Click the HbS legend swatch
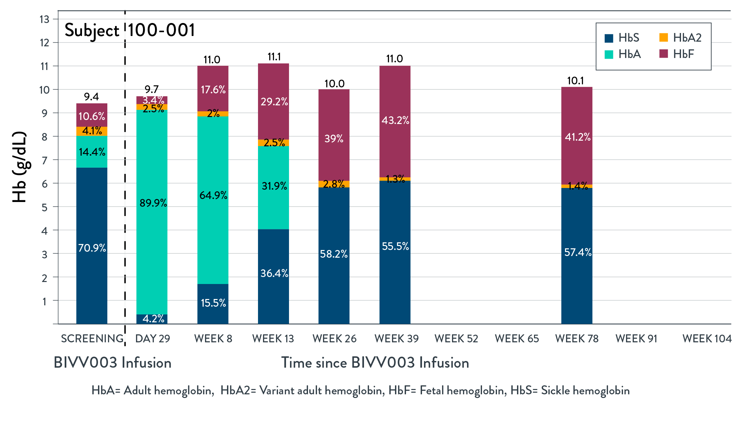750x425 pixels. [x=609, y=38]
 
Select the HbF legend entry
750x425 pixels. [x=677, y=54]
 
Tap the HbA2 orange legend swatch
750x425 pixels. [x=663, y=38]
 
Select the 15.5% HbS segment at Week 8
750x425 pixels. [x=213, y=303]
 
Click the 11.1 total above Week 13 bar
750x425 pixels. [x=274, y=57]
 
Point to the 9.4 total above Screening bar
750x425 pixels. [x=91, y=97]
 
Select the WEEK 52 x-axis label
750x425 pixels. [x=456, y=339]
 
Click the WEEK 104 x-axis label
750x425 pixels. [x=707, y=339]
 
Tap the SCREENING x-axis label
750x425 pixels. [x=92, y=339]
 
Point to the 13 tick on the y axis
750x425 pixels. [x=44, y=19]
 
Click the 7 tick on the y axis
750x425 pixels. [x=44, y=160]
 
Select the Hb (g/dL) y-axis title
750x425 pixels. [x=19, y=167]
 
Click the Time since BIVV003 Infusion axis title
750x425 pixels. [x=375, y=363]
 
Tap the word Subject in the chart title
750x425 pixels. [x=92, y=31]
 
